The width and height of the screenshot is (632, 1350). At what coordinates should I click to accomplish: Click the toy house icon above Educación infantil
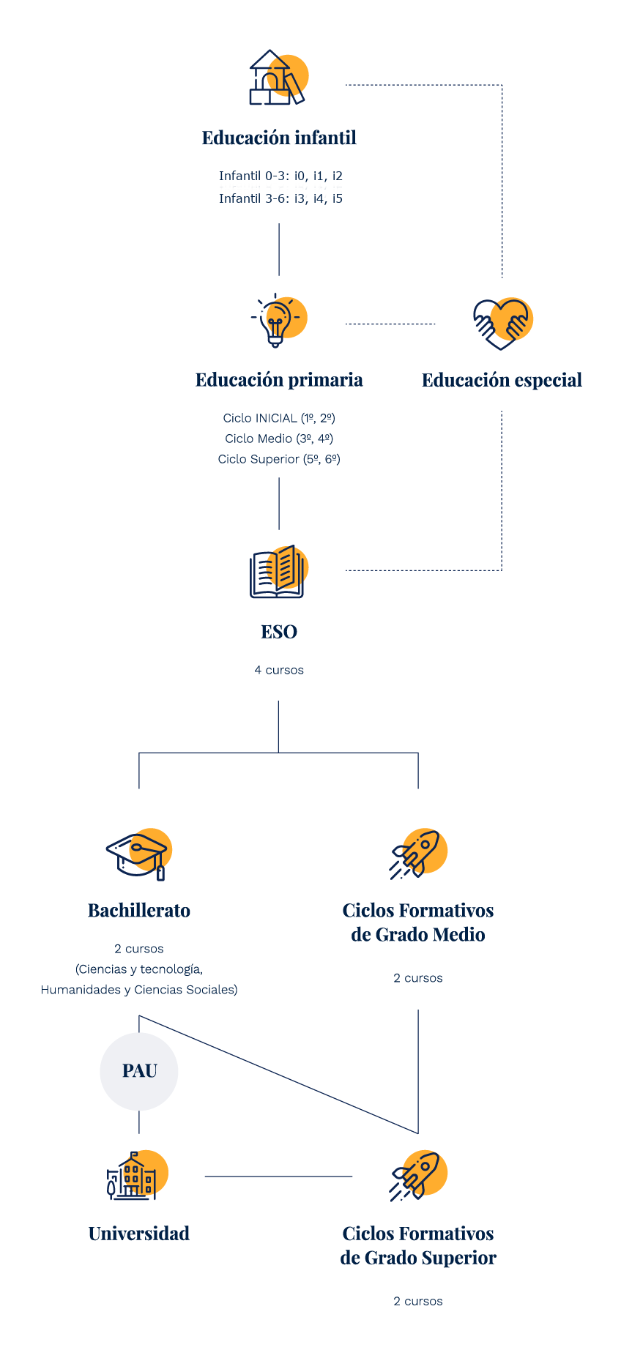[278, 78]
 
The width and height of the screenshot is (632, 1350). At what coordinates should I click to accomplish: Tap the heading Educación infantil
[279, 138]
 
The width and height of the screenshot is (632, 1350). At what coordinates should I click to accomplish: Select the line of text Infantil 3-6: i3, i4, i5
[280, 198]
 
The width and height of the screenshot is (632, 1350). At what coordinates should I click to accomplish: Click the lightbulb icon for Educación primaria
[279, 320]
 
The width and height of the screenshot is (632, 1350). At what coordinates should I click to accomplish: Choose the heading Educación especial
[502, 380]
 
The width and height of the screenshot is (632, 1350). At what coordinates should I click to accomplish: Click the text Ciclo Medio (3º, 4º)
[279, 439]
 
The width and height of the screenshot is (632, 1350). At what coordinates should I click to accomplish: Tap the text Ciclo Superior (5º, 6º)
[279, 459]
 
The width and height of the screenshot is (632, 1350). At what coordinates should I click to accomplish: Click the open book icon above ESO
[279, 572]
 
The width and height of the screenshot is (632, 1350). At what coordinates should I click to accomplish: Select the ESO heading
[279, 632]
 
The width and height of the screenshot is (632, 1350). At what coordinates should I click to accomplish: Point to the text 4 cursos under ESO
[279, 670]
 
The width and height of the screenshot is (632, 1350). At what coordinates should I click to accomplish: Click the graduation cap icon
[139, 854]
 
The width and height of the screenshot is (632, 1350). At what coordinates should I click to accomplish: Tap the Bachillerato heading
[139, 911]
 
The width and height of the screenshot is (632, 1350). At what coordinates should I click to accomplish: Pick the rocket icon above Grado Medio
[418, 854]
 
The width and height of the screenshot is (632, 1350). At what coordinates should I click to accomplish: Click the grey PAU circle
[139, 1071]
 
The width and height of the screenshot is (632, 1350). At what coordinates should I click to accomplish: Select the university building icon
[138, 1175]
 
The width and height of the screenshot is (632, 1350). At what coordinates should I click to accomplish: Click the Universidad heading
[139, 1234]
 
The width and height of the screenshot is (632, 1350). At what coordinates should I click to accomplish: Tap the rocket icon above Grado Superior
[418, 1176]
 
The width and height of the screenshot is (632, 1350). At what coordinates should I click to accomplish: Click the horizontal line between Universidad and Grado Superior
[278, 1176]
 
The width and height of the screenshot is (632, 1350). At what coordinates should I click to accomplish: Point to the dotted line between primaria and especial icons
[390, 324]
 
